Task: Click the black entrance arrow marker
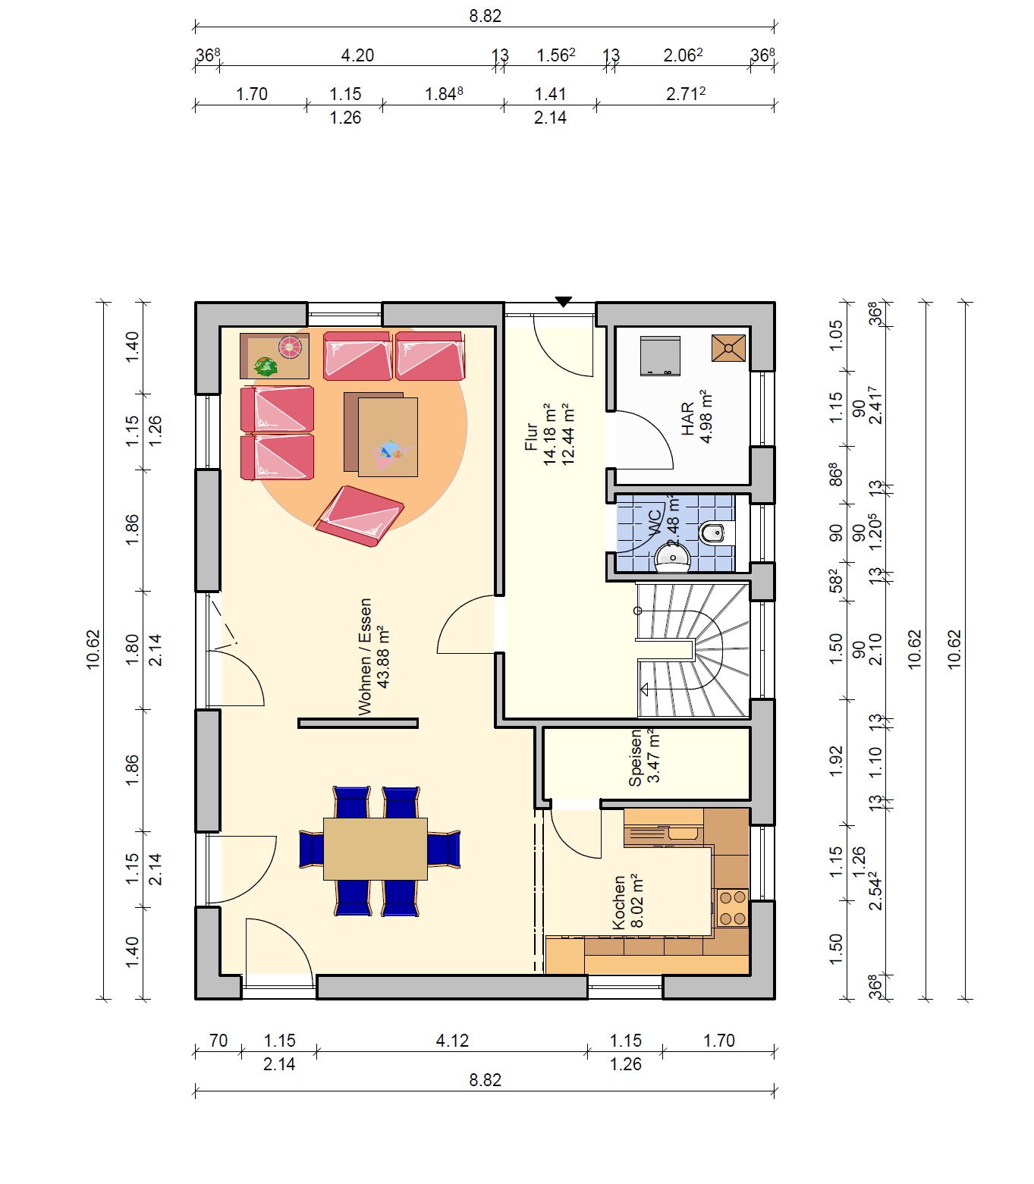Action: coord(563,301)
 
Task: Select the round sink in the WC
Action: coord(673,558)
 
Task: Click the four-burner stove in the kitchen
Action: coord(732,909)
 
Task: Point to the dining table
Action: coord(375,849)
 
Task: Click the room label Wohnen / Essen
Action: coord(365,657)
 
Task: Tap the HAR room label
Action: coord(687,419)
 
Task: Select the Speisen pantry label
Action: coord(635,758)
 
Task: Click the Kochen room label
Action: coord(618,902)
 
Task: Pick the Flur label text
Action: coord(531,437)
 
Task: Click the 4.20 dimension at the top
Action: coord(357,55)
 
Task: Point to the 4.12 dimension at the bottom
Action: coord(452,1041)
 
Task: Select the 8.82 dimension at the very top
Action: coord(485,16)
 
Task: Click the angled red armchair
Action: coord(360,516)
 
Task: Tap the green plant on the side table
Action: coord(266,366)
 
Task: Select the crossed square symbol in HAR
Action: coord(728,348)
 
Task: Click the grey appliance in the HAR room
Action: coord(660,356)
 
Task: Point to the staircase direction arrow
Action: coord(644,689)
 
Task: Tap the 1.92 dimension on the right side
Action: coord(836,762)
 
